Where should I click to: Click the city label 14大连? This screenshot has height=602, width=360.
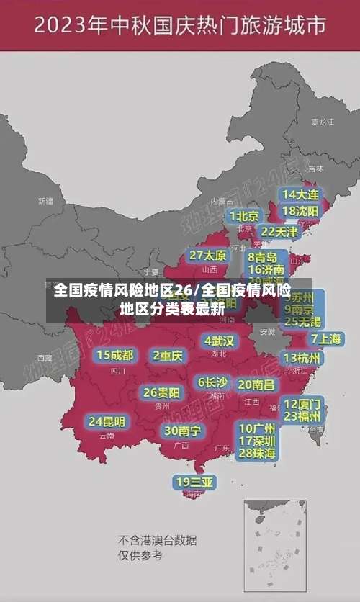tap(300, 194)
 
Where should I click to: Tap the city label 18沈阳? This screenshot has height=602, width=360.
tap(300, 211)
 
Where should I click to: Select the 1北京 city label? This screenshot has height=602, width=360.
tap(244, 215)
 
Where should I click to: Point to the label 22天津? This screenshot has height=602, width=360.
tap(279, 232)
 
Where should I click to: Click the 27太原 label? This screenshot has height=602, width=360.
tap(208, 255)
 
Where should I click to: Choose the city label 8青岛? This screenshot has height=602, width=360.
tap(263, 256)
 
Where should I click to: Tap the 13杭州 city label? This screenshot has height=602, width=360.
tap(303, 358)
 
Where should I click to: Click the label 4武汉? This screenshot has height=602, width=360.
tap(219, 341)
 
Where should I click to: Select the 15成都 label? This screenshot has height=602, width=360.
tap(115, 355)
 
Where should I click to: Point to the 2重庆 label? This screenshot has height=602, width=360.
tap(168, 355)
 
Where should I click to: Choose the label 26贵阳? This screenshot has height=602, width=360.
tap(162, 392)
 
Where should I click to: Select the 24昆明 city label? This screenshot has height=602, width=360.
tap(107, 421)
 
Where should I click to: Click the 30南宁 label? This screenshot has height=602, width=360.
tap(182, 431)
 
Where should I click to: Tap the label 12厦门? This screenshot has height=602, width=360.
tap(302, 403)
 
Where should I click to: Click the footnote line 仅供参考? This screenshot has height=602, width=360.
tap(140, 556)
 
